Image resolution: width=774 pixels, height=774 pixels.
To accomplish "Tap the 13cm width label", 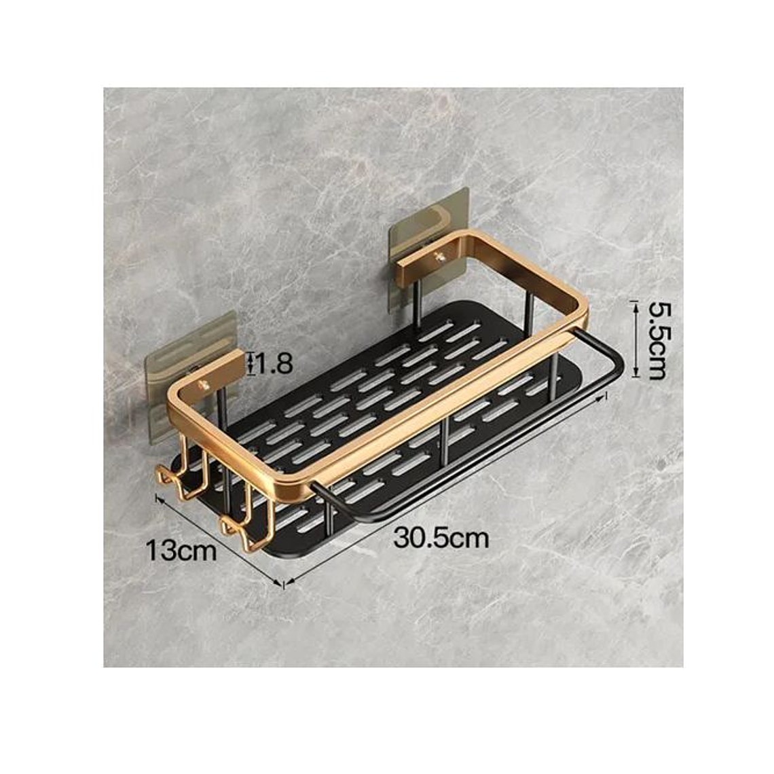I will tap(183, 549).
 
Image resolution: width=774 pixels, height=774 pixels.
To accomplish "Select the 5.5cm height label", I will tap(655, 341).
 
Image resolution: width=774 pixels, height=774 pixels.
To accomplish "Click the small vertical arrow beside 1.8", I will tap(251, 363).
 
